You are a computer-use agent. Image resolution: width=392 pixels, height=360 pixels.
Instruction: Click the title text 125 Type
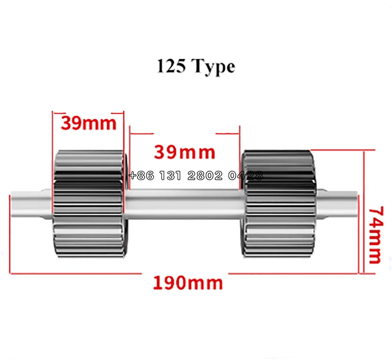pos(196,67)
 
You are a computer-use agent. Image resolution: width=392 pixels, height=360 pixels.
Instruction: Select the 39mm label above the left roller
pos(89,123)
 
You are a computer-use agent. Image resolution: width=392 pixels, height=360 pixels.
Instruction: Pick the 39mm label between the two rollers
pos(184,152)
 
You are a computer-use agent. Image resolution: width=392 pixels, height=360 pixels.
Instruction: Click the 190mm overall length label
pos(188,282)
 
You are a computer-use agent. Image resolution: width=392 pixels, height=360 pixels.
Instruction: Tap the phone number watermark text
pos(196,176)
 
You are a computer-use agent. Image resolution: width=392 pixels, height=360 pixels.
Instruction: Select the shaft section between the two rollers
pos(184,204)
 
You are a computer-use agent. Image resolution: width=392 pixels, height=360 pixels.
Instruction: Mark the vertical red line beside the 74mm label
pos(365,212)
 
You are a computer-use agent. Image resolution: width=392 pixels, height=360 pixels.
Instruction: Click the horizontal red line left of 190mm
pos(74,273)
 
